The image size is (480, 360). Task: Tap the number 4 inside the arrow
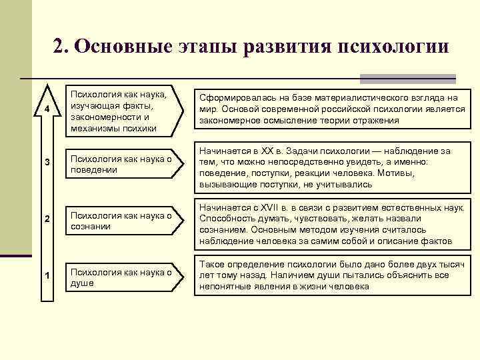(46, 109)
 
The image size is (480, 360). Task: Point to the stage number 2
(46, 221)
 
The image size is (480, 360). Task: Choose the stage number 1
(46, 277)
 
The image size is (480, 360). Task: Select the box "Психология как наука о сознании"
(121, 221)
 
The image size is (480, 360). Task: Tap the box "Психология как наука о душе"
(121, 277)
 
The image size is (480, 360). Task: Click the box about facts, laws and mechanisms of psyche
(121, 109)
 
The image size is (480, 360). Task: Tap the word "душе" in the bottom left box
(81, 283)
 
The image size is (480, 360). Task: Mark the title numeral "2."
(61, 47)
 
